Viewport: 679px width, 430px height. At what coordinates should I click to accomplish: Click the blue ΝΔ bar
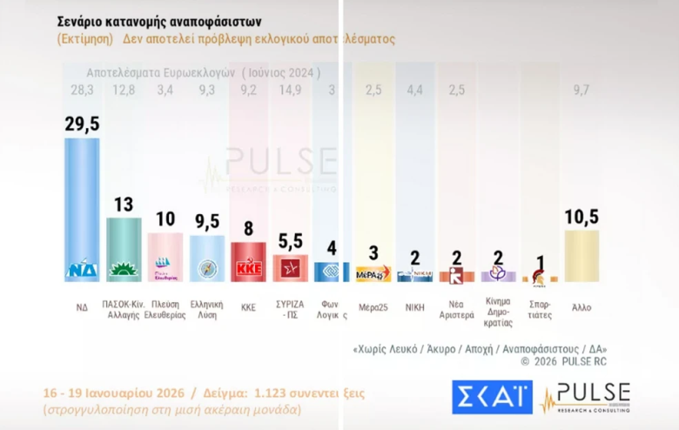coord(82,209)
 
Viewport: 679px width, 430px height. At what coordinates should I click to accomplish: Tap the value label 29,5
coord(82,124)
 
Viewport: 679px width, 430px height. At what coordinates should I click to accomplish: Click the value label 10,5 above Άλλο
coord(582,217)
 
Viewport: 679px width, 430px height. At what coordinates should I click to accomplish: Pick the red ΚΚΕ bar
coord(248,262)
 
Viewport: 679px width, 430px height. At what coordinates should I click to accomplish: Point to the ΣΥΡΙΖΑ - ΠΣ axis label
coord(290,311)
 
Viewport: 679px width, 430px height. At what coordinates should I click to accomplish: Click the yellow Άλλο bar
coord(582,256)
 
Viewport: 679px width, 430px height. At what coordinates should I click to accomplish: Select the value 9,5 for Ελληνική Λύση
coord(206,222)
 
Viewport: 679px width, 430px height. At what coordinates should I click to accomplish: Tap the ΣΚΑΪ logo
coord(491,397)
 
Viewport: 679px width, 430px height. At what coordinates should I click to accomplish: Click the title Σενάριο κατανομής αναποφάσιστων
coord(158,20)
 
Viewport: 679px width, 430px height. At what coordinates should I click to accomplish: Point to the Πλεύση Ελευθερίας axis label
coord(165,311)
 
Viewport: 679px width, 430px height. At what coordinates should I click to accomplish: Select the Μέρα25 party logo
coord(373,274)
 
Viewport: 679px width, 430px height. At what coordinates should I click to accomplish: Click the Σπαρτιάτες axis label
coord(540,311)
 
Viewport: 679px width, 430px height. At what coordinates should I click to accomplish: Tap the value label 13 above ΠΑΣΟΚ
coord(124,205)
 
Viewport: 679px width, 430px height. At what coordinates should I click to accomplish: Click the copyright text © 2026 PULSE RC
coord(563,360)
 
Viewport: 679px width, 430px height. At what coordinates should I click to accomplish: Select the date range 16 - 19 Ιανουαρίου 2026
coord(121,393)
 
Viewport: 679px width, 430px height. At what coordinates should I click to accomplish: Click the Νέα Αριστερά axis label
coord(456,311)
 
